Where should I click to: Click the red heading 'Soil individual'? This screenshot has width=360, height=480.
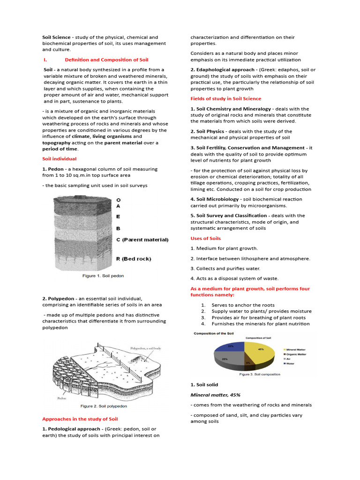click(59, 159)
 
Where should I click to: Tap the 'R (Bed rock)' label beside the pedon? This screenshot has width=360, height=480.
click(134, 259)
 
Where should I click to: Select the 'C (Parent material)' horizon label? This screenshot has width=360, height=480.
click(142, 240)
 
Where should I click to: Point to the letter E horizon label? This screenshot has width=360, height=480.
click(118, 217)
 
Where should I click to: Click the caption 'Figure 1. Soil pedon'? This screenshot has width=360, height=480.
click(103, 276)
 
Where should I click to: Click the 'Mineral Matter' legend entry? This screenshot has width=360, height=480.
click(299, 349)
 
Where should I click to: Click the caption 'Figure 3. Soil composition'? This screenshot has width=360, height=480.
click(260, 375)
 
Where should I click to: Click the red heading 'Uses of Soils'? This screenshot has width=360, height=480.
click(205, 238)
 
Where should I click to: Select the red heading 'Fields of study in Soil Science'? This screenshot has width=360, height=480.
click(225, 98)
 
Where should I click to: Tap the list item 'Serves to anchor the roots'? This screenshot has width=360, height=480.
click(243, 305)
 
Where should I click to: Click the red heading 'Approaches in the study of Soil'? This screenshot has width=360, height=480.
click(80, 419)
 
